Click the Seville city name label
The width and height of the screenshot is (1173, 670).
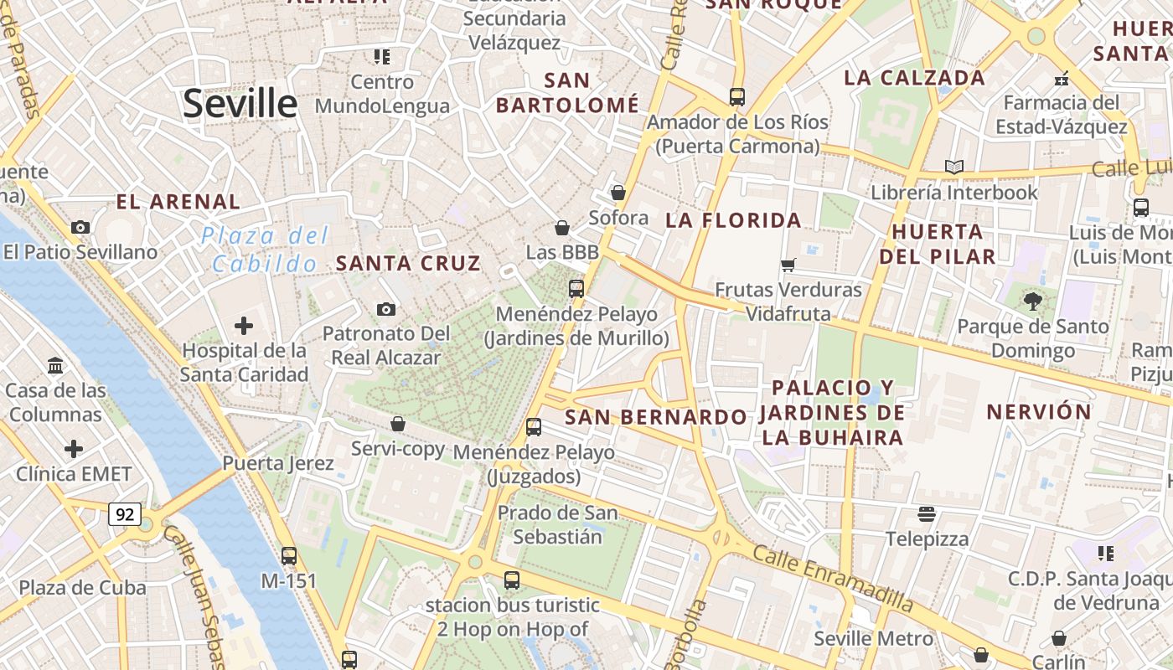click(240, 104)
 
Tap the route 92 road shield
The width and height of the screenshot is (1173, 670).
click(124, 513)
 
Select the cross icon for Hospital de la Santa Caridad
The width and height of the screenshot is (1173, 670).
click(244, 325)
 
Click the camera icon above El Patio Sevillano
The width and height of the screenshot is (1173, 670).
click(80, 227)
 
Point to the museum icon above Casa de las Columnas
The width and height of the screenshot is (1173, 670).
click(56, 365)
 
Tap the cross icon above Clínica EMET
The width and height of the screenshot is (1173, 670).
click(74, 449)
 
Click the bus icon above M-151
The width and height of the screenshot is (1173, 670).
click(289, 555)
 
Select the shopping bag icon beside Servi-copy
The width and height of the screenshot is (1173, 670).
click(398, 424)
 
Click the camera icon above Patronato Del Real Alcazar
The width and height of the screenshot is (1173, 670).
click(385, 309)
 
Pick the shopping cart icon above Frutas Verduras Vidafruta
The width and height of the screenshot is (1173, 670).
click(788, 265)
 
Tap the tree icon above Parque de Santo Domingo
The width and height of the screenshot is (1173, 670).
click(1032, 301)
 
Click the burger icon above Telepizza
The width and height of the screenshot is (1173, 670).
click(927, 513)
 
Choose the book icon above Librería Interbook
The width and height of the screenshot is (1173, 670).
click(953, 167)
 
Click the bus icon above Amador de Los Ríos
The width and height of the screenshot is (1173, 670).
click(737, 97)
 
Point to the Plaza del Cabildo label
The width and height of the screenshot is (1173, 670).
click(265, 250)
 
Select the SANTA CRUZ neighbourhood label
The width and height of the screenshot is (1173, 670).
click(408, 263)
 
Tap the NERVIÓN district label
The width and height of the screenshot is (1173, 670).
click(1039, 411)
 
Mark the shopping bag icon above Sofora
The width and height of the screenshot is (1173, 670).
click(618, 193)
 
